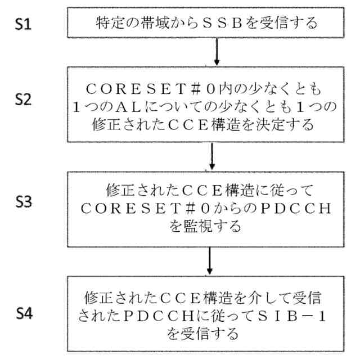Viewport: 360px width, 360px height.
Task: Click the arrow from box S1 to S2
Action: (217, 52)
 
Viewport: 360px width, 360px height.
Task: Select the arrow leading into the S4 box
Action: (209, 260)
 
